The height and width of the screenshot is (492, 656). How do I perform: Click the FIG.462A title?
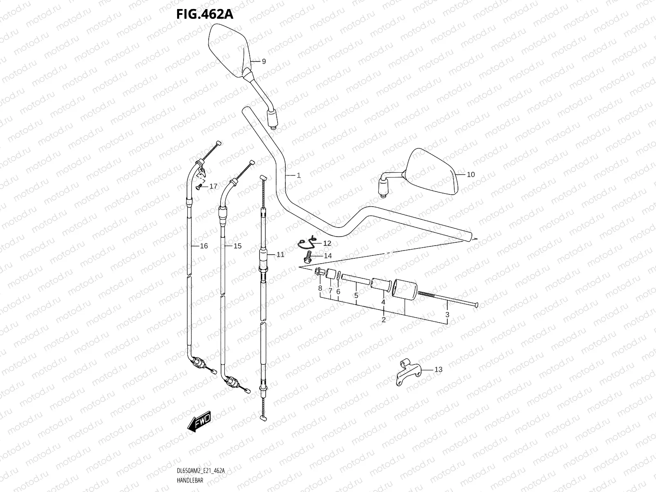point(205,14)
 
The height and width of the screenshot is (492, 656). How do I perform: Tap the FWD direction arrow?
point(199,421)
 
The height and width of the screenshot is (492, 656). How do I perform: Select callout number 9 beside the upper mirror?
point(264,61)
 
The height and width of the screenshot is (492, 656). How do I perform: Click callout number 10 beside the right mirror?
point(471,175)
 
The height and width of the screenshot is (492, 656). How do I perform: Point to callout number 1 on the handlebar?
point(298,175)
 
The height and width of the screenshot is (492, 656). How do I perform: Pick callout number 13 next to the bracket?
point(438,369)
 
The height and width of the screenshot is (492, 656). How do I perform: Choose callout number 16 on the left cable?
point(204,246)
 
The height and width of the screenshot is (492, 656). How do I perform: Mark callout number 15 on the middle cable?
point(237,246)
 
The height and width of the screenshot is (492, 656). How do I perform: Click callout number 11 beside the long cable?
point(280,255)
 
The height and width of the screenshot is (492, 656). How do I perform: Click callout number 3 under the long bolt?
point(447,315)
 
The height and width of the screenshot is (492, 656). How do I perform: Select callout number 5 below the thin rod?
point(356,295)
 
